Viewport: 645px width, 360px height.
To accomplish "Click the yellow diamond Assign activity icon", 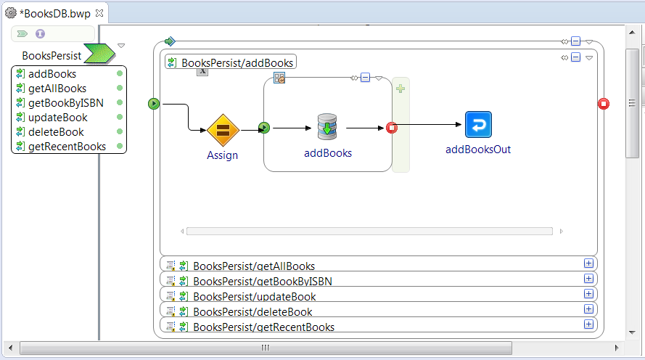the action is pyautogui.click(x=223, y=130).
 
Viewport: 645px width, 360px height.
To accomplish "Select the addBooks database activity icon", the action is pyautogui.click(x=327, y=127).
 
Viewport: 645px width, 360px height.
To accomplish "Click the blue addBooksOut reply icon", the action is pyautogui.click(x=478, y=124).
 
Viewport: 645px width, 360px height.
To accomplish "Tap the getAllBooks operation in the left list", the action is pyautogui.click(x=57, y=89).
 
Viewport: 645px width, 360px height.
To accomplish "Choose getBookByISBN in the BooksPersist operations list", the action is pyautogui.click(x=66, y=103).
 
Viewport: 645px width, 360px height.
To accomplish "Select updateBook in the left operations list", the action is pyautogui.click(x=57, y=118).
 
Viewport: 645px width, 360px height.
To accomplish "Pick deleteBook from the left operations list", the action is pyautogui.click(x=56, y=132).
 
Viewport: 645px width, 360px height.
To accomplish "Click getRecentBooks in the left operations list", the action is pyautogui.click(x=67, y=147).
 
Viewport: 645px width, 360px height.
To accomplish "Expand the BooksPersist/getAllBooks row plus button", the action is pyautogui.click(x=588, y=263).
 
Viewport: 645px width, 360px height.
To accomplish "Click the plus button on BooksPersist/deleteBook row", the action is pyautogui.click(x=588, y=309).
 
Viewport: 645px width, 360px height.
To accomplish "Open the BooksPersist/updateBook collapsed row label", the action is pyautogui.click(x=254, y=297).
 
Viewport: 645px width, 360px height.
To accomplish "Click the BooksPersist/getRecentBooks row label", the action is pyautogui.click(x=263, y=327).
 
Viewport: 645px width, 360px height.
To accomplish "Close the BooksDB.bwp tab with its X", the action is pyautogui.click(x=99, y=13).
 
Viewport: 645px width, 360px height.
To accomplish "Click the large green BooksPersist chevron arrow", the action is pyautogui.click(x=99, y=54).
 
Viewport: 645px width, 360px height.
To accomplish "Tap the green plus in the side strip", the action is pyautogui.click(x=400, y=89).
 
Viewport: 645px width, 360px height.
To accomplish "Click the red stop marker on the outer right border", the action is pyautogui.click(x=604, y=104).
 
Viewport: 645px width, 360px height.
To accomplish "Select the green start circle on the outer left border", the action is pyautogui.click(x=153, y=104).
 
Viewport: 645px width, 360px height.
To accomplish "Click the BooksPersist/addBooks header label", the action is pyautogui.click(x=237, y=63).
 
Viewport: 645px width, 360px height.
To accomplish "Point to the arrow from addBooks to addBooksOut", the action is pyautogui.click(x=429, y=124).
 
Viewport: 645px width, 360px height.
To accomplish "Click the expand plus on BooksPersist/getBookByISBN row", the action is pyautogui.click(x=588, y=279).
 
